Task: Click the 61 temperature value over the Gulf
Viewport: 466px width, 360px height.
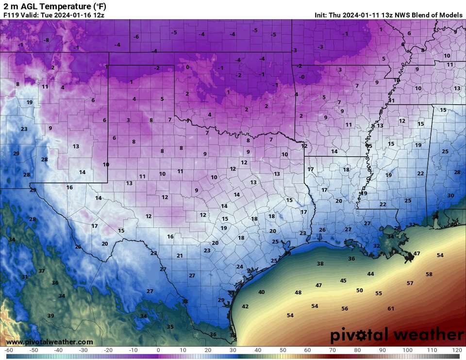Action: coord(391,309)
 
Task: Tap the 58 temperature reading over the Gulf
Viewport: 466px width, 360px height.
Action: coord(429,274)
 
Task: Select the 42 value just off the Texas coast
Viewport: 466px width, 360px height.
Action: coord(245,307)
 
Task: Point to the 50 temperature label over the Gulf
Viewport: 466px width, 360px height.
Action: coord(359,291)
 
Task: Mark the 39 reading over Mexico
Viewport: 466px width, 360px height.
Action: coord(50,316)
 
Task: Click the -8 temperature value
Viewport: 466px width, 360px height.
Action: coord(47,40)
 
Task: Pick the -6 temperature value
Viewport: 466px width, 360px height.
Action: coord(136,37)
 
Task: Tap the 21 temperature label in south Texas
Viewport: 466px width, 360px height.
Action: coord(180,256)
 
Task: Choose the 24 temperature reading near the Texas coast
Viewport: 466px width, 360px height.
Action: coord(239,267)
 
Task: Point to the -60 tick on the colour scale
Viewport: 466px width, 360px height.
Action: coord(9,350)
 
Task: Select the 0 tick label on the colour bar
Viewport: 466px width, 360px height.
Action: coord(158,350)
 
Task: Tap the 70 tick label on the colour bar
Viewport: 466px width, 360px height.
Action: coord(332,350)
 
